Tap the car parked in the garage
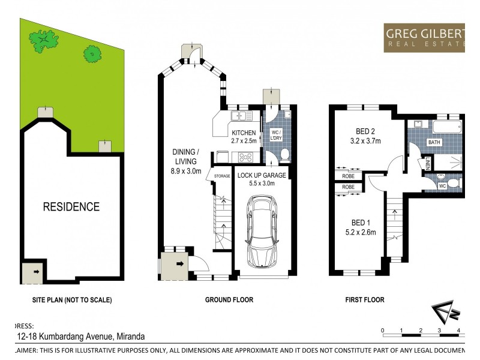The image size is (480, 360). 261,233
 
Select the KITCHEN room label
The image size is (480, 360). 244,133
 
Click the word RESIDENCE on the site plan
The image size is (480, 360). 71,207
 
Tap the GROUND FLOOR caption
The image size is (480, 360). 229,299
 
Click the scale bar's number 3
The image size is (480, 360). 440,331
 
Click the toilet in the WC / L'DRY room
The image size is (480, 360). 284,155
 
